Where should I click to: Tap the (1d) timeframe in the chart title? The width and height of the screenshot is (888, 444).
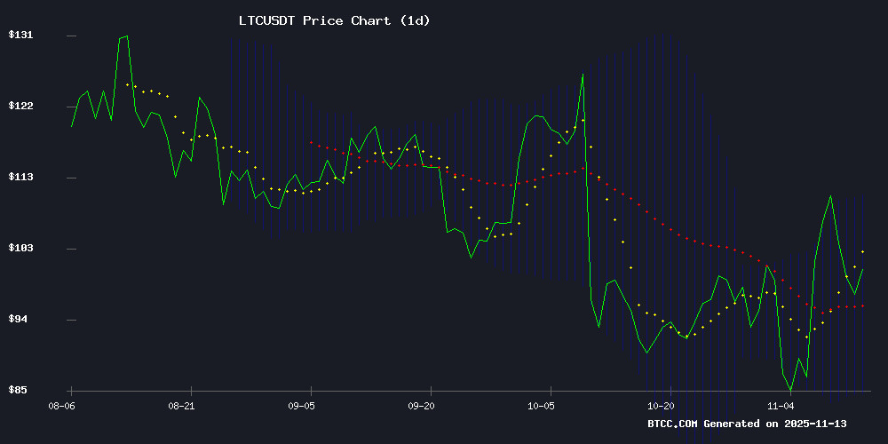click(413, 20)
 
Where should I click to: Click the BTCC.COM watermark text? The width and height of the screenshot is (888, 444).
click(672, 424)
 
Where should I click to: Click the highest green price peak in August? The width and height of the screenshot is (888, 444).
click(127, 36)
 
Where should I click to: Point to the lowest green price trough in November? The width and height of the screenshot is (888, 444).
click(790, 390)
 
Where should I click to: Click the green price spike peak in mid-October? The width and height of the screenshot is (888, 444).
click(583, 74)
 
